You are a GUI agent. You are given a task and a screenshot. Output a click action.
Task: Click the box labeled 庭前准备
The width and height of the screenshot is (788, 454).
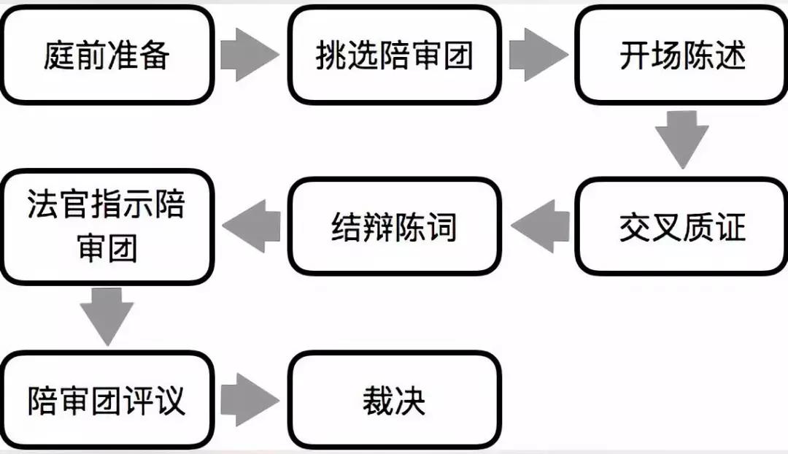(x=107, y=55)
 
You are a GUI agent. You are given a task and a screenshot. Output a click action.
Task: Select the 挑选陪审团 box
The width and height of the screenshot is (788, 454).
(x=395, y=55)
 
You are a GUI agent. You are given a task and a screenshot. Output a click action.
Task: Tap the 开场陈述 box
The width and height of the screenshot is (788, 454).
(x=682, y=55)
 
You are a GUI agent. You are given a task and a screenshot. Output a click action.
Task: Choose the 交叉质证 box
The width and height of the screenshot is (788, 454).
(x=682, y=227)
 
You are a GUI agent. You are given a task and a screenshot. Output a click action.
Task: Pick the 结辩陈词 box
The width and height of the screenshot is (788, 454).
(x=395, y=227)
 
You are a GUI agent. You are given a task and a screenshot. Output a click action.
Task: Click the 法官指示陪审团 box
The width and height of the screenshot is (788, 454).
(x=107, y=227)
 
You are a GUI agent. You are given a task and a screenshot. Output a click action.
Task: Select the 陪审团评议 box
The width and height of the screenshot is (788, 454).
(x=107, y=400)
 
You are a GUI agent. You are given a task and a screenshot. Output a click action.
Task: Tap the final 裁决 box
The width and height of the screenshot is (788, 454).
(x=395, y=400)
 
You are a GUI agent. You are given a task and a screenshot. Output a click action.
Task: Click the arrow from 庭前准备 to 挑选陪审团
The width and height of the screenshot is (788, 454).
(x=249, y=55)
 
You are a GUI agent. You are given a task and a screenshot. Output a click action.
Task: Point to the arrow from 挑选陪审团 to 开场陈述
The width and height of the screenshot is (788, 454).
(x=538, y=55)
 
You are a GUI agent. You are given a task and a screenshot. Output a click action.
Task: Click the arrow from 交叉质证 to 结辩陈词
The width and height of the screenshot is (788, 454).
(x=540, y=226)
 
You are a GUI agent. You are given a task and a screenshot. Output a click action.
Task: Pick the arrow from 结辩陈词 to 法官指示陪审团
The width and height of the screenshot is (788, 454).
(x=252, y=226)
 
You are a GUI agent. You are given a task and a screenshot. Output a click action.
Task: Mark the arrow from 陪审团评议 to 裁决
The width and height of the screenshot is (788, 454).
(x=249, y=400)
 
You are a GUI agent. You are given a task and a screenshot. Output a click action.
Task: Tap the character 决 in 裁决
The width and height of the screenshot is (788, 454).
(x=410, y=401)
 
